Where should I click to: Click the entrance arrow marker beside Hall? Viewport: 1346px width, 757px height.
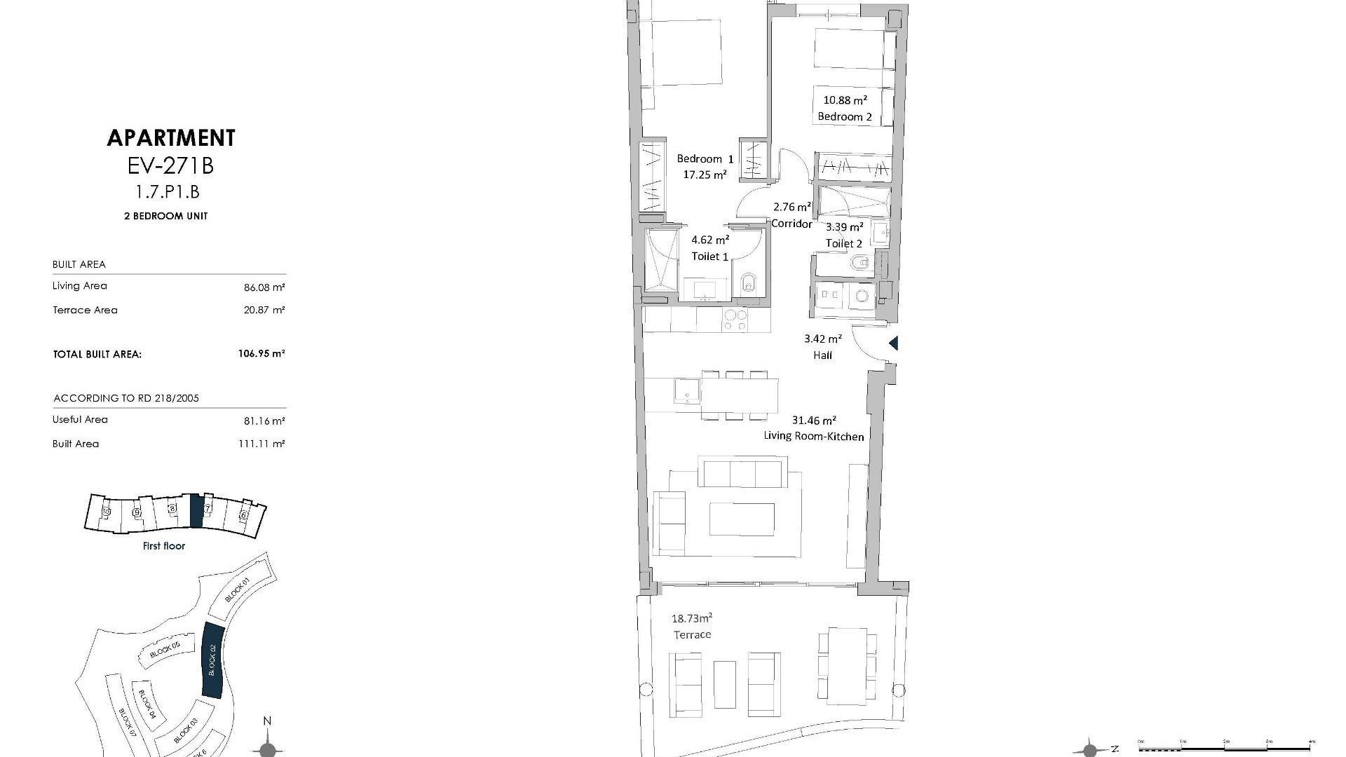[x=894, y=343]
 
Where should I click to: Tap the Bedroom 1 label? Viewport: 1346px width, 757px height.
[x=705, y=159]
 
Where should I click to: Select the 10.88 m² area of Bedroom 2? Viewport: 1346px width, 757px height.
[x=845, y=100]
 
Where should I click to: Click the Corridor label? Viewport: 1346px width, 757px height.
[x=791, y=224]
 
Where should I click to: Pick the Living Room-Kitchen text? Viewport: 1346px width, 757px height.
[x=813, y=436]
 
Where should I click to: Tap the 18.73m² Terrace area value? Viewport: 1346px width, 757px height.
[x=692, y=618]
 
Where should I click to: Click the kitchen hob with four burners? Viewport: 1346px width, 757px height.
[x=735, y=320]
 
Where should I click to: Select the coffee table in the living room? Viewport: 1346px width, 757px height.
[x=742, y=519]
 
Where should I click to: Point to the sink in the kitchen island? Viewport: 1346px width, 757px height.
[x=686, y=390]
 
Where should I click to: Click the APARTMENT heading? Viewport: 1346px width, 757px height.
[x=171, y=138]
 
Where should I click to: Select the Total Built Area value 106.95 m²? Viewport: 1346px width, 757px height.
[x=261, y=354]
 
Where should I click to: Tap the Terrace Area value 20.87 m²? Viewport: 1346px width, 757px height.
[x=264, y=310]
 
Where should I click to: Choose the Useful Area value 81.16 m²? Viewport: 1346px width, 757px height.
[x=264, y=421]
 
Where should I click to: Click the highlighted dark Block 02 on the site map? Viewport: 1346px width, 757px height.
[x=212, y=660]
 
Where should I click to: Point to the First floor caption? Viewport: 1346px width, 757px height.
[x=164, y=546]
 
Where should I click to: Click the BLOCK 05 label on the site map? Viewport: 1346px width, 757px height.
[x=165, y=650]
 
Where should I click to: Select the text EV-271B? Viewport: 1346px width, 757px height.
[x=171, y=166]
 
